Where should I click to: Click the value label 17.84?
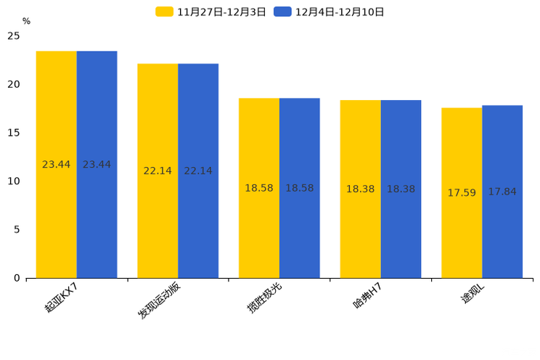point(502,192)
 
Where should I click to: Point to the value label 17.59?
point(462,193)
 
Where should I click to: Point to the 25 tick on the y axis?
point(14,36)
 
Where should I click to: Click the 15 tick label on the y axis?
point(14,133)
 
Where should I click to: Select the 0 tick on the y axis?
point(17,278)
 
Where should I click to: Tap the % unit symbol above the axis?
point(26,21)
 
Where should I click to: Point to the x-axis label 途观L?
point(472,295)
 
